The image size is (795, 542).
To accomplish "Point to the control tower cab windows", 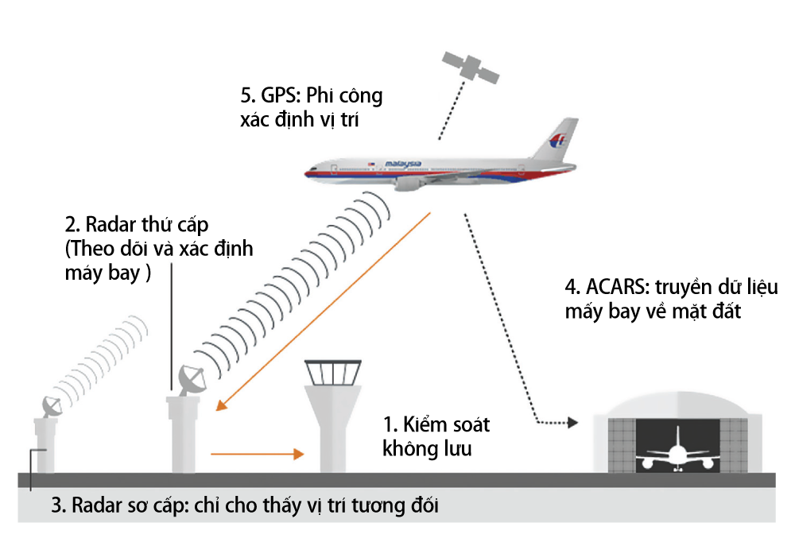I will (x=333, y=372).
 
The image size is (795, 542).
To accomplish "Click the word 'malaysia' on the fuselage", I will (x=403, y=164).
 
